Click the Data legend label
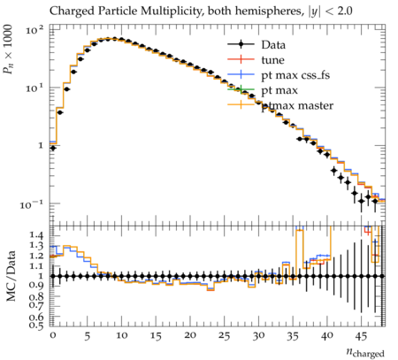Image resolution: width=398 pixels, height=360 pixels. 273,45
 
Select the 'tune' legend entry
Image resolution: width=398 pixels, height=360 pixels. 272,60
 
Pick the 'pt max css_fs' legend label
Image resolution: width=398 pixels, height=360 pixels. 295,75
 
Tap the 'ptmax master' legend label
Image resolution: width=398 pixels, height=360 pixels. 297,105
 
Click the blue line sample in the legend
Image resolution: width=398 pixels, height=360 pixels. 241,74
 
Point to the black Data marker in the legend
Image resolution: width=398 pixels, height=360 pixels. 241,44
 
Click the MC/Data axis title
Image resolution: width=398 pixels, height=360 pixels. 11,276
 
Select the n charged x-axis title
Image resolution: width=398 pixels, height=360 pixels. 365,352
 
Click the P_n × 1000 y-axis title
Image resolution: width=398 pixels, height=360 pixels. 8,49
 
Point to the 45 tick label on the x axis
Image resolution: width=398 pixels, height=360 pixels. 361,336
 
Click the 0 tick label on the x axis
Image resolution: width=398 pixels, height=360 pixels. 53,335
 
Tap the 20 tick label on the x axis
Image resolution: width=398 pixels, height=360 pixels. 190,335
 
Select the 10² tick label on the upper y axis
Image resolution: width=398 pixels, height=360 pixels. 34,30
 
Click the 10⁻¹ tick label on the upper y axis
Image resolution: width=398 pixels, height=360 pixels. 31,204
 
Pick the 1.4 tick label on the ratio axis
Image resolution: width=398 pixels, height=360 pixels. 36,235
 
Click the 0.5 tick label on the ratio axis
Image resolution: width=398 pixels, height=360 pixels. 36,326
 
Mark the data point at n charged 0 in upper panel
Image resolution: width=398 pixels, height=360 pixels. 53,148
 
